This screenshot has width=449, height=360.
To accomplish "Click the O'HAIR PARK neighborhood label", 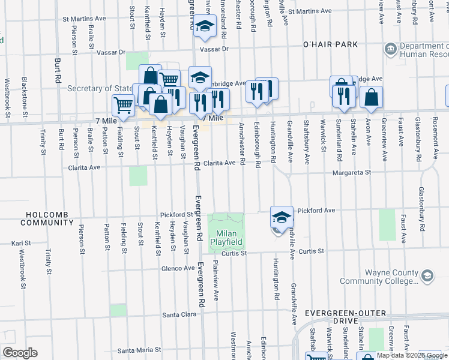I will coord(330,44).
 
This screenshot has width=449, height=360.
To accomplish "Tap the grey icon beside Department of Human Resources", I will coord(390,48).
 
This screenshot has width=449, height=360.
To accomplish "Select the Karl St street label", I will coord(20,244).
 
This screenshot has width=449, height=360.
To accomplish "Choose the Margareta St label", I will coord(354,172).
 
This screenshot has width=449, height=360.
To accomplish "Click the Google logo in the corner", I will coord(19,353).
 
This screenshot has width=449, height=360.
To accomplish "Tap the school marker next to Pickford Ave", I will coord(281,217).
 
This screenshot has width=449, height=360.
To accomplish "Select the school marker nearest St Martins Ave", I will coord(205,26).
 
